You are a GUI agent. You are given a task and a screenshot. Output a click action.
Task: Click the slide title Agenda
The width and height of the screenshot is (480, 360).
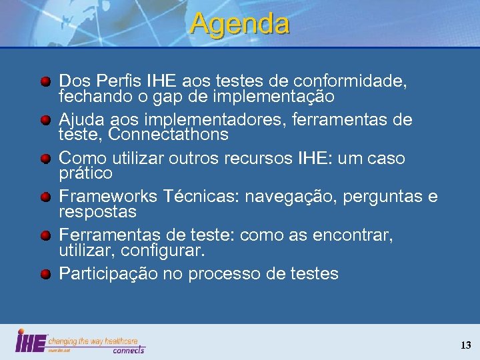coord(240,24)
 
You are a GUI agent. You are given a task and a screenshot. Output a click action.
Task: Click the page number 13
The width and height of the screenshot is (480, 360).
coord(465,345)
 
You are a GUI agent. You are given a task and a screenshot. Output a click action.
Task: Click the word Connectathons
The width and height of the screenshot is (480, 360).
coord(169,135)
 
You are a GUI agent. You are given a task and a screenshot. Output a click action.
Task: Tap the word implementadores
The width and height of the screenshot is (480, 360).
coord(203,120)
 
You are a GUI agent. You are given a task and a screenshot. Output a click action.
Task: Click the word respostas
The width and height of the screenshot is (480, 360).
coord(98,212)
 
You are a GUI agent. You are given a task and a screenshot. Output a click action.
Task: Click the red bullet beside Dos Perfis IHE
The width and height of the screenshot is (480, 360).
coord(45,82)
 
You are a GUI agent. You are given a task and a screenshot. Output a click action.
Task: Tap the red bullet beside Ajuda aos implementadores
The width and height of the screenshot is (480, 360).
coord(45,121)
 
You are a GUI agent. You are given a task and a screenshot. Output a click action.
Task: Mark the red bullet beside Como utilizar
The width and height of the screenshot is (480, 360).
coord(45,159)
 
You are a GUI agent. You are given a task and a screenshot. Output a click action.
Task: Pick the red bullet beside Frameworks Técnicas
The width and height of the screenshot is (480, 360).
coord(45,198)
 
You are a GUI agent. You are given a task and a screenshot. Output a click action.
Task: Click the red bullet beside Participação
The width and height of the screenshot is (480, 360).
coord(45,274)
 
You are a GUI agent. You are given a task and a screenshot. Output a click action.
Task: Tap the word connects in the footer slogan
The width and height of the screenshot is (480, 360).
coord(128,349)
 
